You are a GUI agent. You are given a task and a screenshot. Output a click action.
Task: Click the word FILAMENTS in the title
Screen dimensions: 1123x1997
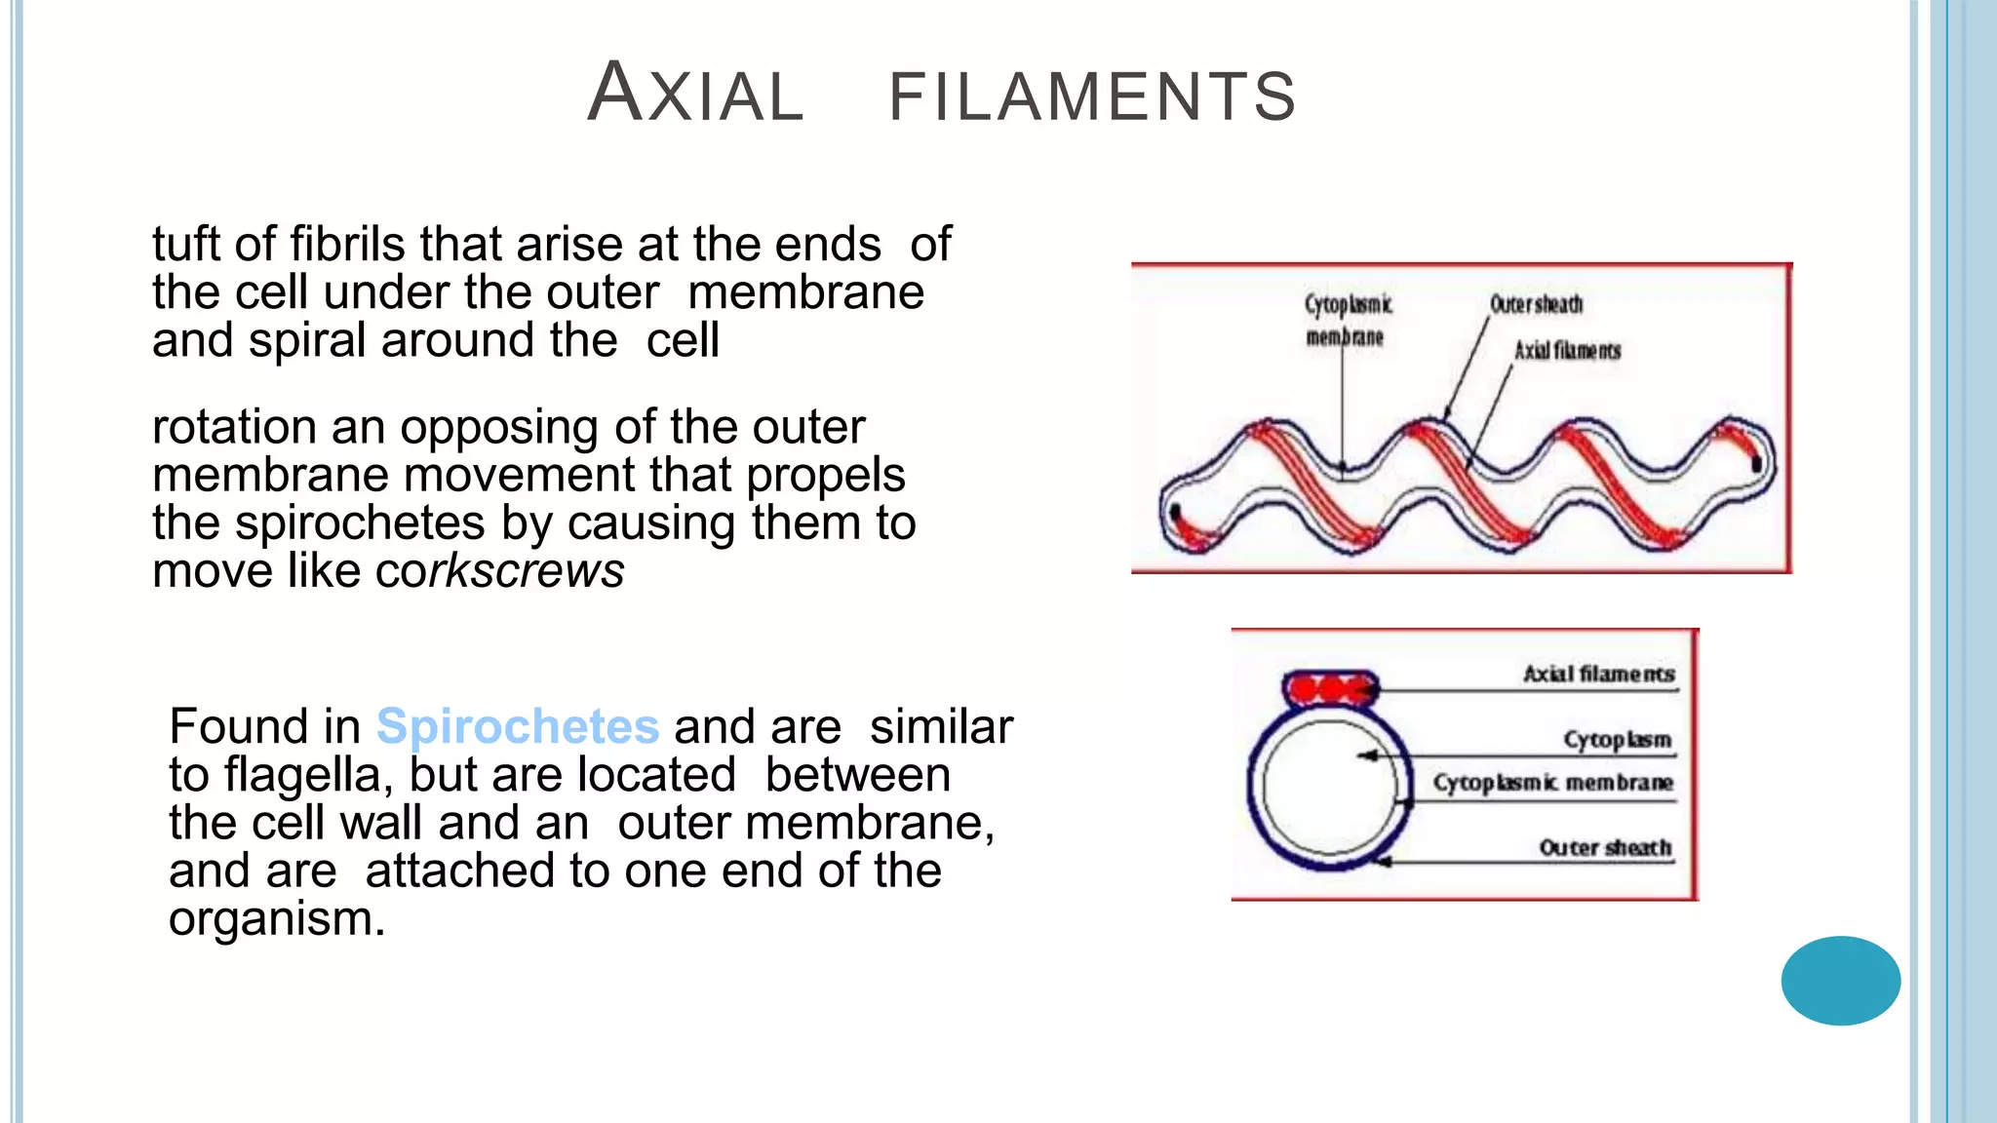(x=1092, y=97)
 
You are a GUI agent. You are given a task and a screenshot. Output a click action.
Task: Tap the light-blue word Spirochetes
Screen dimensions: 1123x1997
(x=518, y=727)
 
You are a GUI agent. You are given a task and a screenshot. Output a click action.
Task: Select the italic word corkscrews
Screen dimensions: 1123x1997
(x=499, y=570)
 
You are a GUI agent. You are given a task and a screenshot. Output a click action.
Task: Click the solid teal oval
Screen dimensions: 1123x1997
(x=1840, y=980)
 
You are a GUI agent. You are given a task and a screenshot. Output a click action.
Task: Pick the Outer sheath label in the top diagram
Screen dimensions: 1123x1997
(x=1536, y=305)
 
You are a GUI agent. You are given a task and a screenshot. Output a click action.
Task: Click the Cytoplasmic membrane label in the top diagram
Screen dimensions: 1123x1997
(x=1347, y=321)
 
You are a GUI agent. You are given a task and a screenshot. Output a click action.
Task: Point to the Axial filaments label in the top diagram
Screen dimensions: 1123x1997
(x=1567, y=351)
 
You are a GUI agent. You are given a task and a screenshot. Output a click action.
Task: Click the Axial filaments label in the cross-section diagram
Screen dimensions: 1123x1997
(x=1598, y=674)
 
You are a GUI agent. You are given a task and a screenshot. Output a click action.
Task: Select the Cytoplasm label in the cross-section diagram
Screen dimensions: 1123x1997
(x=1617, y=739)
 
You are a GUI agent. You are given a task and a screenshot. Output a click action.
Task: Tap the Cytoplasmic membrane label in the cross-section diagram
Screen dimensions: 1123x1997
(x=1552, y=783)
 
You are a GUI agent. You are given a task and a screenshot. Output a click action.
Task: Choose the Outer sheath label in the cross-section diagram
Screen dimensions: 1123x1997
(x=1604, y=847)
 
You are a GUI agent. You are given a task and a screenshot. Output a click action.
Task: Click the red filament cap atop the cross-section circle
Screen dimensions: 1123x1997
(x=1330, y=689)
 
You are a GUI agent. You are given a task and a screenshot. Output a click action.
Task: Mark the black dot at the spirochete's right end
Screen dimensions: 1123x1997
(x=1756, y=464)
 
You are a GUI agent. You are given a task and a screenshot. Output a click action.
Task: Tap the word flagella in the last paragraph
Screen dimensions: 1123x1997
(x=301, y=776)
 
